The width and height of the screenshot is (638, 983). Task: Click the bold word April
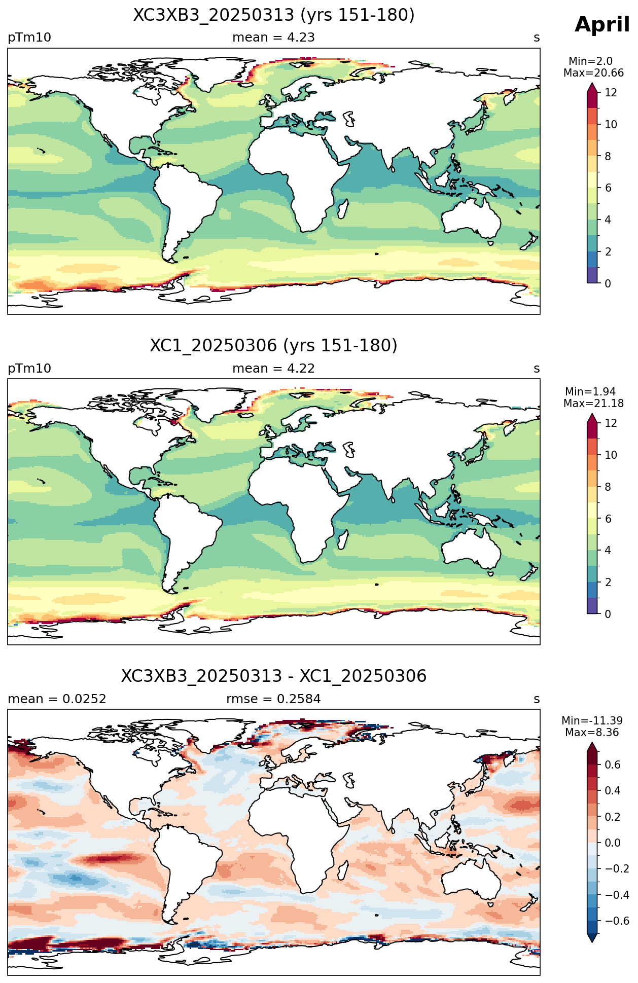point(602,25)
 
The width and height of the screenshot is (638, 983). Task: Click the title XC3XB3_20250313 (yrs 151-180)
point(274,15)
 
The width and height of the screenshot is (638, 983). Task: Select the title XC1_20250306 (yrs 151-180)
point(274,346)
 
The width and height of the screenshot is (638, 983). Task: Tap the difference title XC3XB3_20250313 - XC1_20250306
point(274,676)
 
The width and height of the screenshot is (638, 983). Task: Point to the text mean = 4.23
point(273,38)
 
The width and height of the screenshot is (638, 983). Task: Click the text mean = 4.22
point(273,369)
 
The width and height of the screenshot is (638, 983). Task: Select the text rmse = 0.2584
point(273,699)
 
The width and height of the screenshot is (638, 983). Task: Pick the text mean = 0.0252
point(57,699)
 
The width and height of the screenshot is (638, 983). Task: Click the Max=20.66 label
point(593,73)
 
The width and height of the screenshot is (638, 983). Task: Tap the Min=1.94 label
point(590,392)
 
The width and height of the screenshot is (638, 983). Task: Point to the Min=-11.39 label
point(592,721)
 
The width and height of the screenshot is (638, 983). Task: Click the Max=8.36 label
point(592,733)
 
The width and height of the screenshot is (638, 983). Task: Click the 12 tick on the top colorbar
point(611,93)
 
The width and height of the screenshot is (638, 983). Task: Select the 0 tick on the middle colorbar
point(608,614)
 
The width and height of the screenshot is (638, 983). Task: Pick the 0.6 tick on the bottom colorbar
point(613,765)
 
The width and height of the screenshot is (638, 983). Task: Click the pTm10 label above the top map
point(29,38)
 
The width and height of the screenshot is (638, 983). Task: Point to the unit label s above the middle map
point(537,369)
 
